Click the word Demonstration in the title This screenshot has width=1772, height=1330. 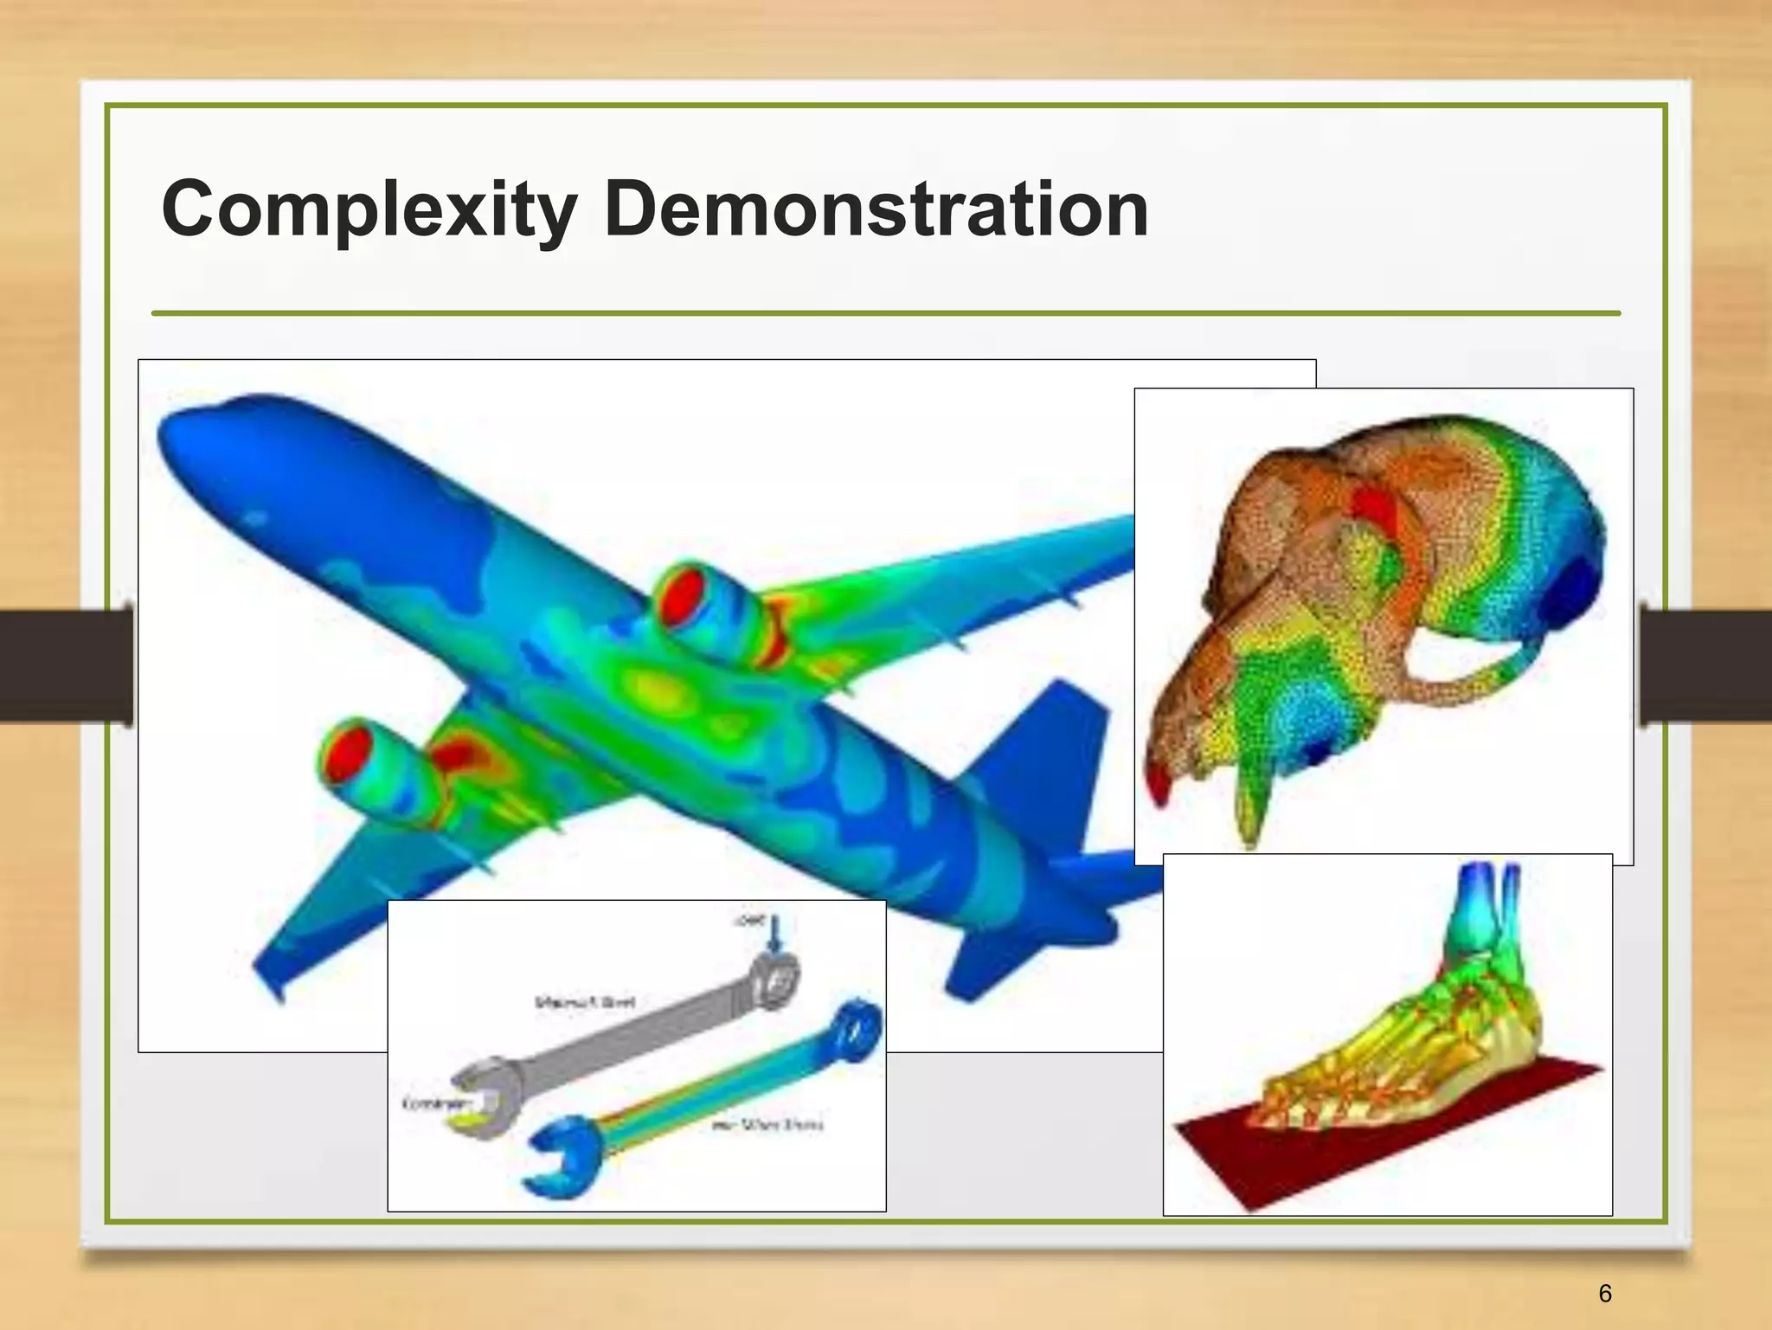(876, 209)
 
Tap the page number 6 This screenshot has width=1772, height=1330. (1605, 1293)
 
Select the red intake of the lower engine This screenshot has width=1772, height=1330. (346, 753)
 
